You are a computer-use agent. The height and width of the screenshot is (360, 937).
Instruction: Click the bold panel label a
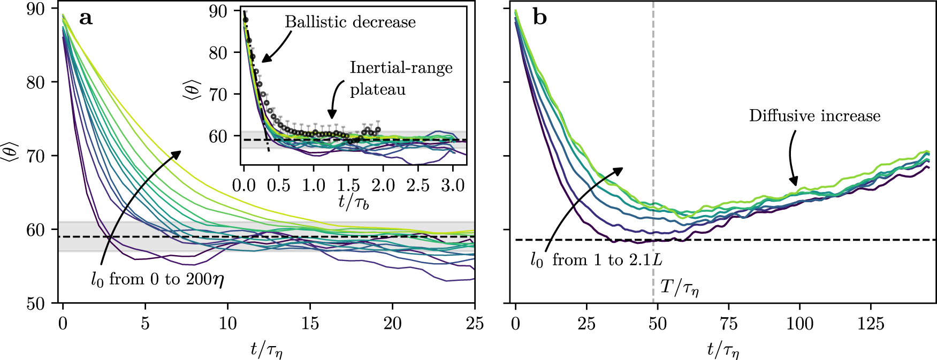[x=86, y=19]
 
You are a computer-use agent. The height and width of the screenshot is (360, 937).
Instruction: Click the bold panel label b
[x=540, y=18]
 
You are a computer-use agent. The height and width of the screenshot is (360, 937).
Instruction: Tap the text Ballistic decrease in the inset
[x=350, y=22]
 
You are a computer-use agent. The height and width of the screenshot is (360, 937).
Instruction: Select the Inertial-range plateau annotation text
[x=401, y=78]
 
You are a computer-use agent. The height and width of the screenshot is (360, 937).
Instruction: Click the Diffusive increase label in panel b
[x=814, y=116]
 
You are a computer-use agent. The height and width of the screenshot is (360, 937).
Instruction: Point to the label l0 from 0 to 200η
[x=157, y=280]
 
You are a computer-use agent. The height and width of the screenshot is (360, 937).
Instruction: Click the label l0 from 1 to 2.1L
[x=596, y=261]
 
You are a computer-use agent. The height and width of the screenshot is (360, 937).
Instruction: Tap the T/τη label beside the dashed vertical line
[x=679, y=288]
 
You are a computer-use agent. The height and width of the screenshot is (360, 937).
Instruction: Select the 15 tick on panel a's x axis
[x=310, y=324]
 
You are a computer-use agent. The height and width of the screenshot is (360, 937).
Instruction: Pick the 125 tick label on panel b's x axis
[x=871, y=324]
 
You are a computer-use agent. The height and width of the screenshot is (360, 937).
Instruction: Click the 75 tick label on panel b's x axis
[x=729, y=324]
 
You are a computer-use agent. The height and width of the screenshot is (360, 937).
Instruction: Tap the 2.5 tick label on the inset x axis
[x=417, y=186]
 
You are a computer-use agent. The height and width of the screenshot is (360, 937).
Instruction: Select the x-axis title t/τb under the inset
[x=354, y=202]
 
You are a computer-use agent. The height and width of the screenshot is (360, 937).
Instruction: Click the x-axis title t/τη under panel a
[x=266, y=350]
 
